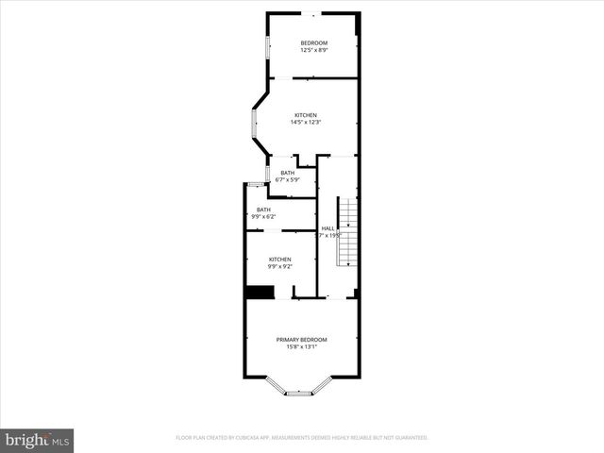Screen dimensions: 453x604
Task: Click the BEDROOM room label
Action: pyautogui.click(x=313, y=42)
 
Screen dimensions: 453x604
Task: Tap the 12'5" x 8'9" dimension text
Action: pyautogui.click(x=313, y=50)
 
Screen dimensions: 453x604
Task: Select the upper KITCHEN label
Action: pyautogui.click(x=306, y=115)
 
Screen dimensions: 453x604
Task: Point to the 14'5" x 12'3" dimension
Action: pyautogui.click(x=306, y=123)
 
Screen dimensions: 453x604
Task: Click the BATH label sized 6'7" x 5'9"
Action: pyautogui.click(x=287, y=173)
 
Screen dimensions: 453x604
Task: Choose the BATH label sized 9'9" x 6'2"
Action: pyautogui.click(x=262, y=210)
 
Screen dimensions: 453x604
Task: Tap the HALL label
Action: pyautogui.click(x=327, y=228)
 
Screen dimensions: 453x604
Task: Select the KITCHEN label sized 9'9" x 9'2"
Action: pyautogui.click(x=279, y=260)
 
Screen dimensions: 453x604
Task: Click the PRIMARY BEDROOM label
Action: pyautogui.click(x=301, y=340)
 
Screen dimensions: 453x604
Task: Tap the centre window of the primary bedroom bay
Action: pyautogui.click(x=299, y=393)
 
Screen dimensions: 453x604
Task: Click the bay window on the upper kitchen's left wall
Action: pyautogui.click(x=254, y=124)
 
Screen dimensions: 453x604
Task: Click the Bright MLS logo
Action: pyautogui.click(x=37, y=440)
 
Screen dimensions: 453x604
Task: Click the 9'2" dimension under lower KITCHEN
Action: pyautogui.click(x=287, y=267)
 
